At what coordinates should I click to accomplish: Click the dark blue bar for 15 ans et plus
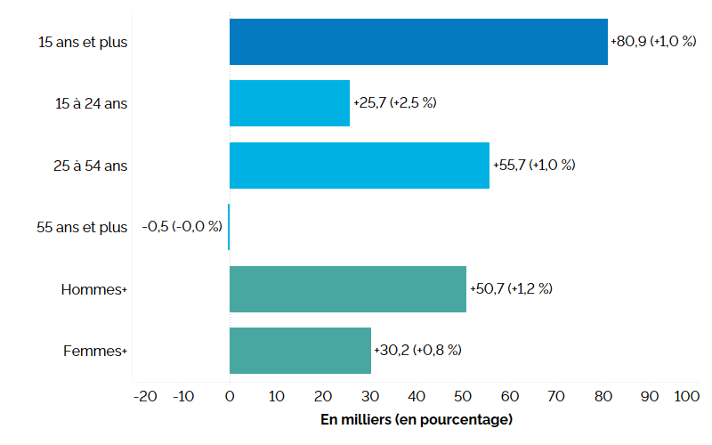pos(418,41)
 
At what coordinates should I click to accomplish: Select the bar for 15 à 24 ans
pos(289,103)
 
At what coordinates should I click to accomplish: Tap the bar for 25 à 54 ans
pos(359,165)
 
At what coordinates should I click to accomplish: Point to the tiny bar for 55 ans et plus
pos(229,227)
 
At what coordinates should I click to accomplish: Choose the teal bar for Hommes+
pos(347,288)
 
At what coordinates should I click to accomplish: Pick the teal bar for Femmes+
pos(300,350)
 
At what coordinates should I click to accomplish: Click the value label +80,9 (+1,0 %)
pos(652,41)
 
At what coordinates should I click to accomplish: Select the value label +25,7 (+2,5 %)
pos(394,103)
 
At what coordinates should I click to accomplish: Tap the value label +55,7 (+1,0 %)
pos(534,166)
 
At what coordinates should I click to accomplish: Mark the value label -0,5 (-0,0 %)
pos(182,227)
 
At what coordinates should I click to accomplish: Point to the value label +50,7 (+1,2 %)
pos(511,288)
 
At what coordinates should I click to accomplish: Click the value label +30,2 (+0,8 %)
pos(417,351)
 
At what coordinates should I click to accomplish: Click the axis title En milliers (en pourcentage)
pos(416,419)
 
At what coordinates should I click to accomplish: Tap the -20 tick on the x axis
pos(145,396)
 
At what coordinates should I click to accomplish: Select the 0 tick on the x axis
pos(230,396)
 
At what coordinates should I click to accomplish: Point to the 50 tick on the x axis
pos(463,396)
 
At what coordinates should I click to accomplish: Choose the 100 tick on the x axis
pos(687,396)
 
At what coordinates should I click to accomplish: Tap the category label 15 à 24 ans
pos(90,103)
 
